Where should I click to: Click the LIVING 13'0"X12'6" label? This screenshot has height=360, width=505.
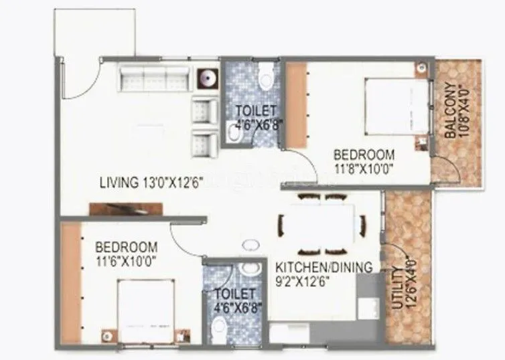click(x=151, y=181)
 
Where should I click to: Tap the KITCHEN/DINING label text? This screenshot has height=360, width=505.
click(x=324, y=268)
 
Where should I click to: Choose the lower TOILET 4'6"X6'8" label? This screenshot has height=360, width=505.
click(x=234, y=300)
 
